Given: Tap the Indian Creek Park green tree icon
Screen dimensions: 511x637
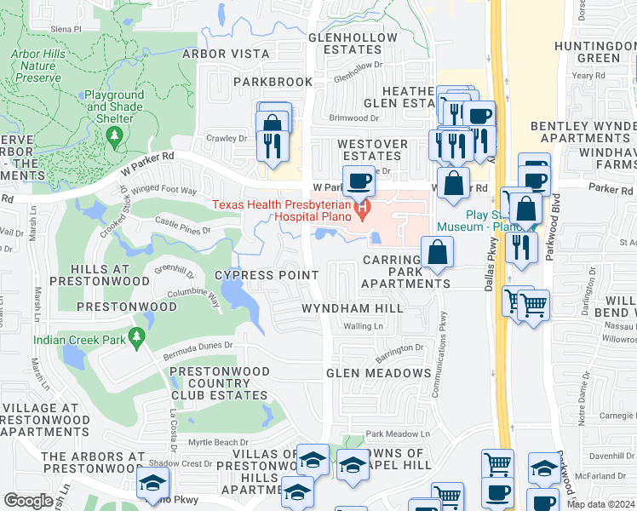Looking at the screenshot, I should [x=135, y=339].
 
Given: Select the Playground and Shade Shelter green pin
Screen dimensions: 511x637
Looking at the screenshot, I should [x=114, y=140].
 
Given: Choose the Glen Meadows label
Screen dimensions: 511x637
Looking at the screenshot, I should [x=378, y=373].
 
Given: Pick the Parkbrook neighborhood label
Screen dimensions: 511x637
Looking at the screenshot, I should [x=262, y=82].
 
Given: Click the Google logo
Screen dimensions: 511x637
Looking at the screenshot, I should [x=28, y=501].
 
